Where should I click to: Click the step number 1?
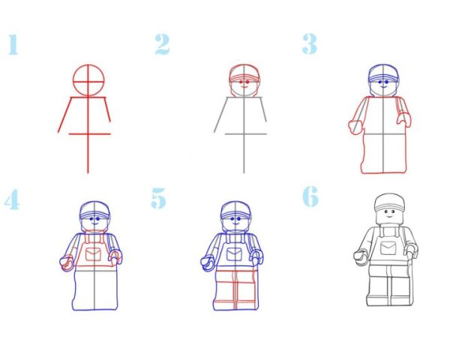pos(13,44)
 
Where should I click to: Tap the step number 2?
pos(163,44)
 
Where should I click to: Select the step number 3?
pos(310,44)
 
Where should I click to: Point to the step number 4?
pos(12,199)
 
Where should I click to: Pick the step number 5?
pos(159,198)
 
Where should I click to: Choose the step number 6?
pos(310,196)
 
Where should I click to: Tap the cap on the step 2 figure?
pos(244,73)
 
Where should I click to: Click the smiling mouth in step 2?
pos(244,86)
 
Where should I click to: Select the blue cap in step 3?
pos(383,73)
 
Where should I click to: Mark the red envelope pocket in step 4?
pos(94,254)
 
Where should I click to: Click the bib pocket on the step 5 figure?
pos(234,254)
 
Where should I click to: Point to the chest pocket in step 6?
pos(388,248)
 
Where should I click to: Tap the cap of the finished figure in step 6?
pos(390,202)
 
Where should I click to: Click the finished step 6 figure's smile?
pos(389,215)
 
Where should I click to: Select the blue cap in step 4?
pos(94,210)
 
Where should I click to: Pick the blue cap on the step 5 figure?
pos(235,210)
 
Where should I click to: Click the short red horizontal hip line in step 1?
pos(89,133)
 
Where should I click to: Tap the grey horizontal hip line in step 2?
pos(246,133)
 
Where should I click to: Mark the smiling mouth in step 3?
pos(383,86)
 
